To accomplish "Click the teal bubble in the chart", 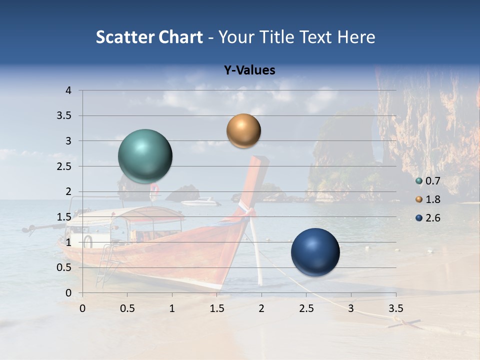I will [145, 156].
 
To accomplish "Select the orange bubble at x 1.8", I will [243, 131].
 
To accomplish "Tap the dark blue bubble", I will [315, 252].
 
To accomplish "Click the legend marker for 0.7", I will [419, 181].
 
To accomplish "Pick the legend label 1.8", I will [433, 199].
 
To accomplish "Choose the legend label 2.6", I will [433, 218].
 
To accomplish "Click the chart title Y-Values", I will [249, 70].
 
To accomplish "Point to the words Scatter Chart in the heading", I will [149, 37].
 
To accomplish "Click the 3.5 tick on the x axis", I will [395, 308].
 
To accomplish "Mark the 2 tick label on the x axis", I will [261, 308].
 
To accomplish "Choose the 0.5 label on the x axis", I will [127, 308].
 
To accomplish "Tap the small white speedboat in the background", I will [200, 202].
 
